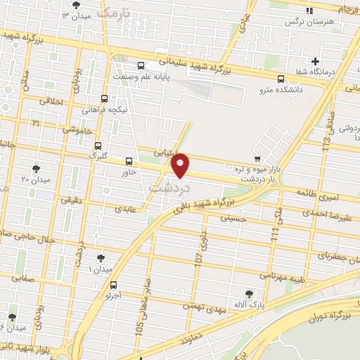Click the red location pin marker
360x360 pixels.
pyautogui.click(x=181, y=165)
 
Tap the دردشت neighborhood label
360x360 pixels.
pyautogui.click(x=169, y=188)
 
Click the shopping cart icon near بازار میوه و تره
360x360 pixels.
pyautogui.click(x=258, y=159)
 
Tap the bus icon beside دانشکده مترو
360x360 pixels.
pyautogui.click(x=281, y=79)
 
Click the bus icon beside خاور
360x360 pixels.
pyautogui.click(x=128, y=160)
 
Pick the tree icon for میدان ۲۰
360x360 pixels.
pyautogui.click(x=37, y=169)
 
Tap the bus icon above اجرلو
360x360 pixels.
pyautogui.click(x=113, y=285)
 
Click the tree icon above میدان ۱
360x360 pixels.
pyautogui.click(x=100, y=258)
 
